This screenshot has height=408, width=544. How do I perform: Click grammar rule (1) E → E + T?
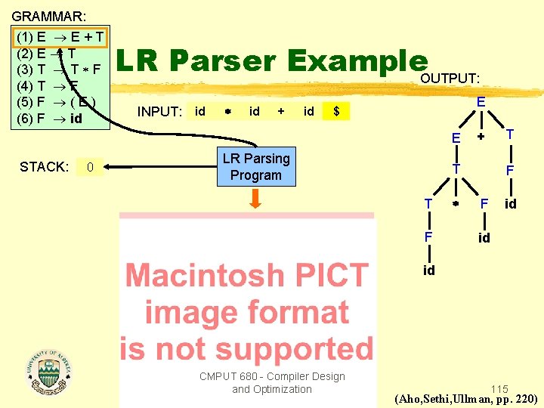60,36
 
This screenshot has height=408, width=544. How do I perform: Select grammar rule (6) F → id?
49,119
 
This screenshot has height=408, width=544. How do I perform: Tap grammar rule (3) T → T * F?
59,70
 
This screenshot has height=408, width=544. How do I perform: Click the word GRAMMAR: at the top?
48,15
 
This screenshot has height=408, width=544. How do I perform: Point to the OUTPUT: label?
450,79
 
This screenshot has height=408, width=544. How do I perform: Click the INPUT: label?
159,112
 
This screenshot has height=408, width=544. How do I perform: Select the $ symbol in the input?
336,112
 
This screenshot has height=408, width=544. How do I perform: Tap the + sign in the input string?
281,112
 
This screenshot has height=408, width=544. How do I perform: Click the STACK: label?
45,166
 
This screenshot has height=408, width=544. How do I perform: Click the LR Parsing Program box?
255,167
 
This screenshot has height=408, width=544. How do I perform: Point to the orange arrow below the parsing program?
255,198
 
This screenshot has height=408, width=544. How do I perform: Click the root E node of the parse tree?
481,100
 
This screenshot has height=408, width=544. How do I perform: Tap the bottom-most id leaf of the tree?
428,270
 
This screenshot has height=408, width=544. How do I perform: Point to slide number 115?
499,389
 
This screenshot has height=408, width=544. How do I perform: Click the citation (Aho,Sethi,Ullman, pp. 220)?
467,399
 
